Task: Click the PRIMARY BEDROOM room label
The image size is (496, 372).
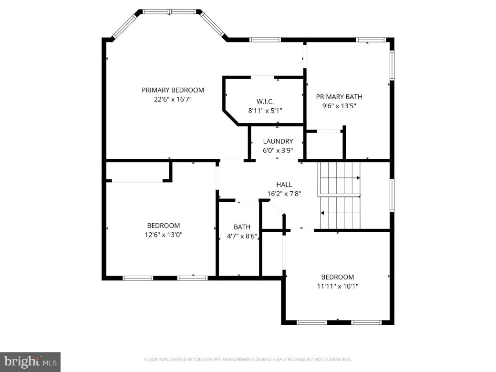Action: (x=173, y=90)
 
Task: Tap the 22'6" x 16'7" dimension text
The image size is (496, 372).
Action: (x=173, y=99)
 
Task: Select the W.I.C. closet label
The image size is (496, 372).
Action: (x=265, y=101)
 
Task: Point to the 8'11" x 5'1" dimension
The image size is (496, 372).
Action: (x=265, y=110)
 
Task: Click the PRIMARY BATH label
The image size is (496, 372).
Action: (x=336, y=97)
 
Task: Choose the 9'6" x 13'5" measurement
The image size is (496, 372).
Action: (x=336, y=106)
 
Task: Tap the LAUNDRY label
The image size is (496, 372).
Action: (x=278, y=141)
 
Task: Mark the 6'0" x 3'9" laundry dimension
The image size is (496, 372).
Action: (x=278, y=150)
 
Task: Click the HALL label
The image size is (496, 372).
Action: (x=284, y=185)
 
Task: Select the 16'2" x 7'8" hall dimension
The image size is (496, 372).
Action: (x=284, y=194)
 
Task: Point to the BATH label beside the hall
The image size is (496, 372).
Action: (x=242, y=227)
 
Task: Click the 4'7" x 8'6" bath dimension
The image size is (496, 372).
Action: (x=242, y=236)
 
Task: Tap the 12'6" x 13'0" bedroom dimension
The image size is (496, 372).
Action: (x=163, y=235)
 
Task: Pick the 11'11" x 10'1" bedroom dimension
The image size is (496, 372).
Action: (x=337, y=286)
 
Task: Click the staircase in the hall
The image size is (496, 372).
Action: (x=340, y=195)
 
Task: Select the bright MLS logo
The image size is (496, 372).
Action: (x=30, y=362)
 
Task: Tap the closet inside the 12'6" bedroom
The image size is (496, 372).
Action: (x=136, y=172)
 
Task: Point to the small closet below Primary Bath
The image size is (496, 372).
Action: (x=324, y=145)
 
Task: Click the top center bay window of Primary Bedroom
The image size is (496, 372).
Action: (x=170, y=11)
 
